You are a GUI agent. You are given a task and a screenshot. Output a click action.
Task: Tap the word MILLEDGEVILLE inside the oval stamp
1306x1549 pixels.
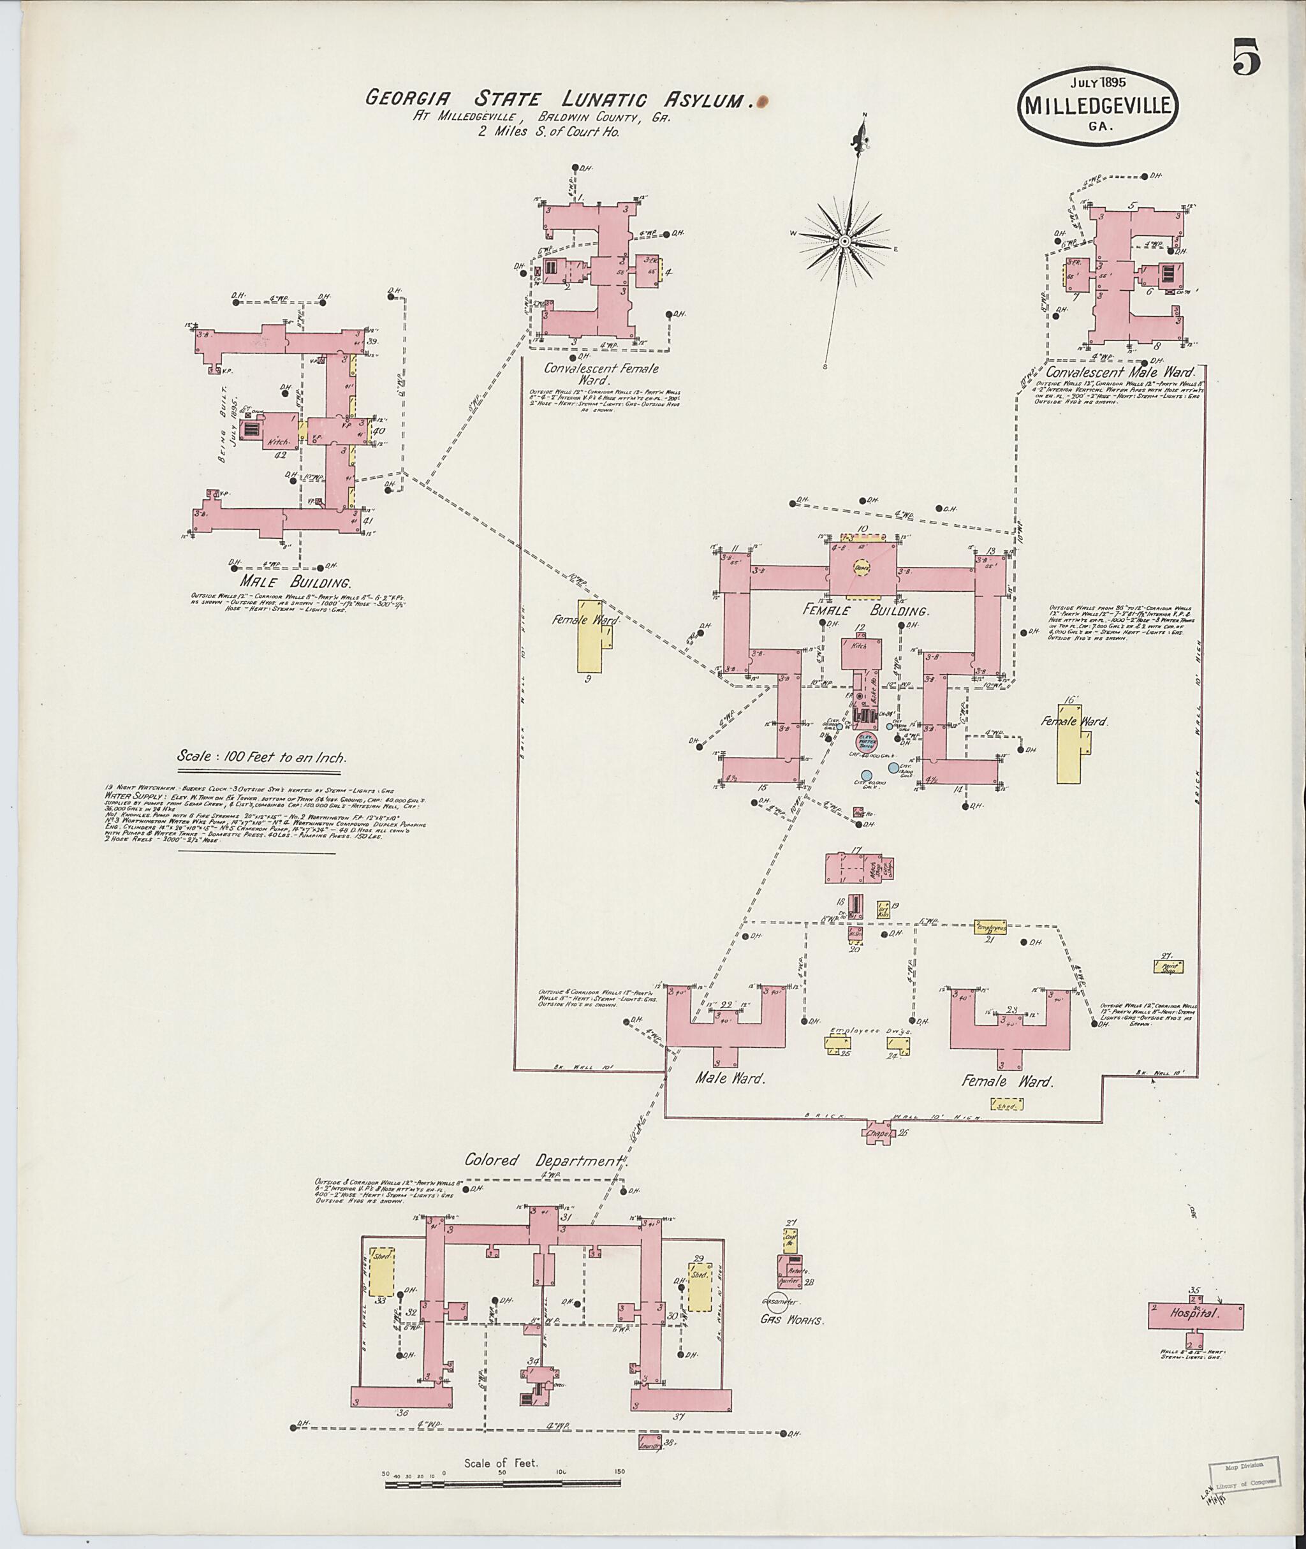coord(1098,106)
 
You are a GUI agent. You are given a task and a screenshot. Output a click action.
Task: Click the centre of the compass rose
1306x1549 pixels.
coord(844,242)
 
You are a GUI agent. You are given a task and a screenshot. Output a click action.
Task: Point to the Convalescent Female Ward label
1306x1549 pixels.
coord(601,374)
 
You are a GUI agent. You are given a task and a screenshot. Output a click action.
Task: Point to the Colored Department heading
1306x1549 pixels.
coord(544,1159)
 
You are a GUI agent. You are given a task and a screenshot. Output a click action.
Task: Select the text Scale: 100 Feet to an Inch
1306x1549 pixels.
coord(261,758)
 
